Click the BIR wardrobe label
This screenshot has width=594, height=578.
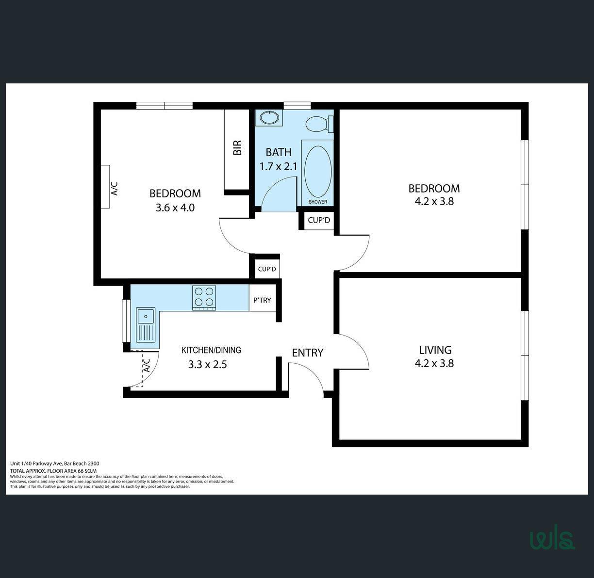237,147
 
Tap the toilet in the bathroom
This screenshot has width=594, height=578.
319,124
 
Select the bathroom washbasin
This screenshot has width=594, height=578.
269,117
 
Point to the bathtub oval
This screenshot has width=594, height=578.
318,172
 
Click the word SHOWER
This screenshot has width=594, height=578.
318,202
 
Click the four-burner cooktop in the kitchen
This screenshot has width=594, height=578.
204,298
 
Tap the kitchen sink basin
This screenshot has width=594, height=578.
146,316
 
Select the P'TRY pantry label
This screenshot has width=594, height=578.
262,300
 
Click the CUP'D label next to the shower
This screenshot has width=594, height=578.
319,220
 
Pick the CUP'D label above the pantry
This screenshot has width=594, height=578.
267,269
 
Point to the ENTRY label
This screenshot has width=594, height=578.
307,353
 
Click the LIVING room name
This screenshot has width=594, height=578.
435,350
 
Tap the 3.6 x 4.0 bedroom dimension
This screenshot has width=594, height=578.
175,208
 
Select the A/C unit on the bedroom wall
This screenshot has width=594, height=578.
105,187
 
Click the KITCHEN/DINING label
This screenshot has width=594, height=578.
211,350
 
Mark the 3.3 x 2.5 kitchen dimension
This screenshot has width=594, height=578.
208,365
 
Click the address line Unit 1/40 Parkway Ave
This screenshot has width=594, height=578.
36,463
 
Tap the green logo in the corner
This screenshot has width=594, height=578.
552,541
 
